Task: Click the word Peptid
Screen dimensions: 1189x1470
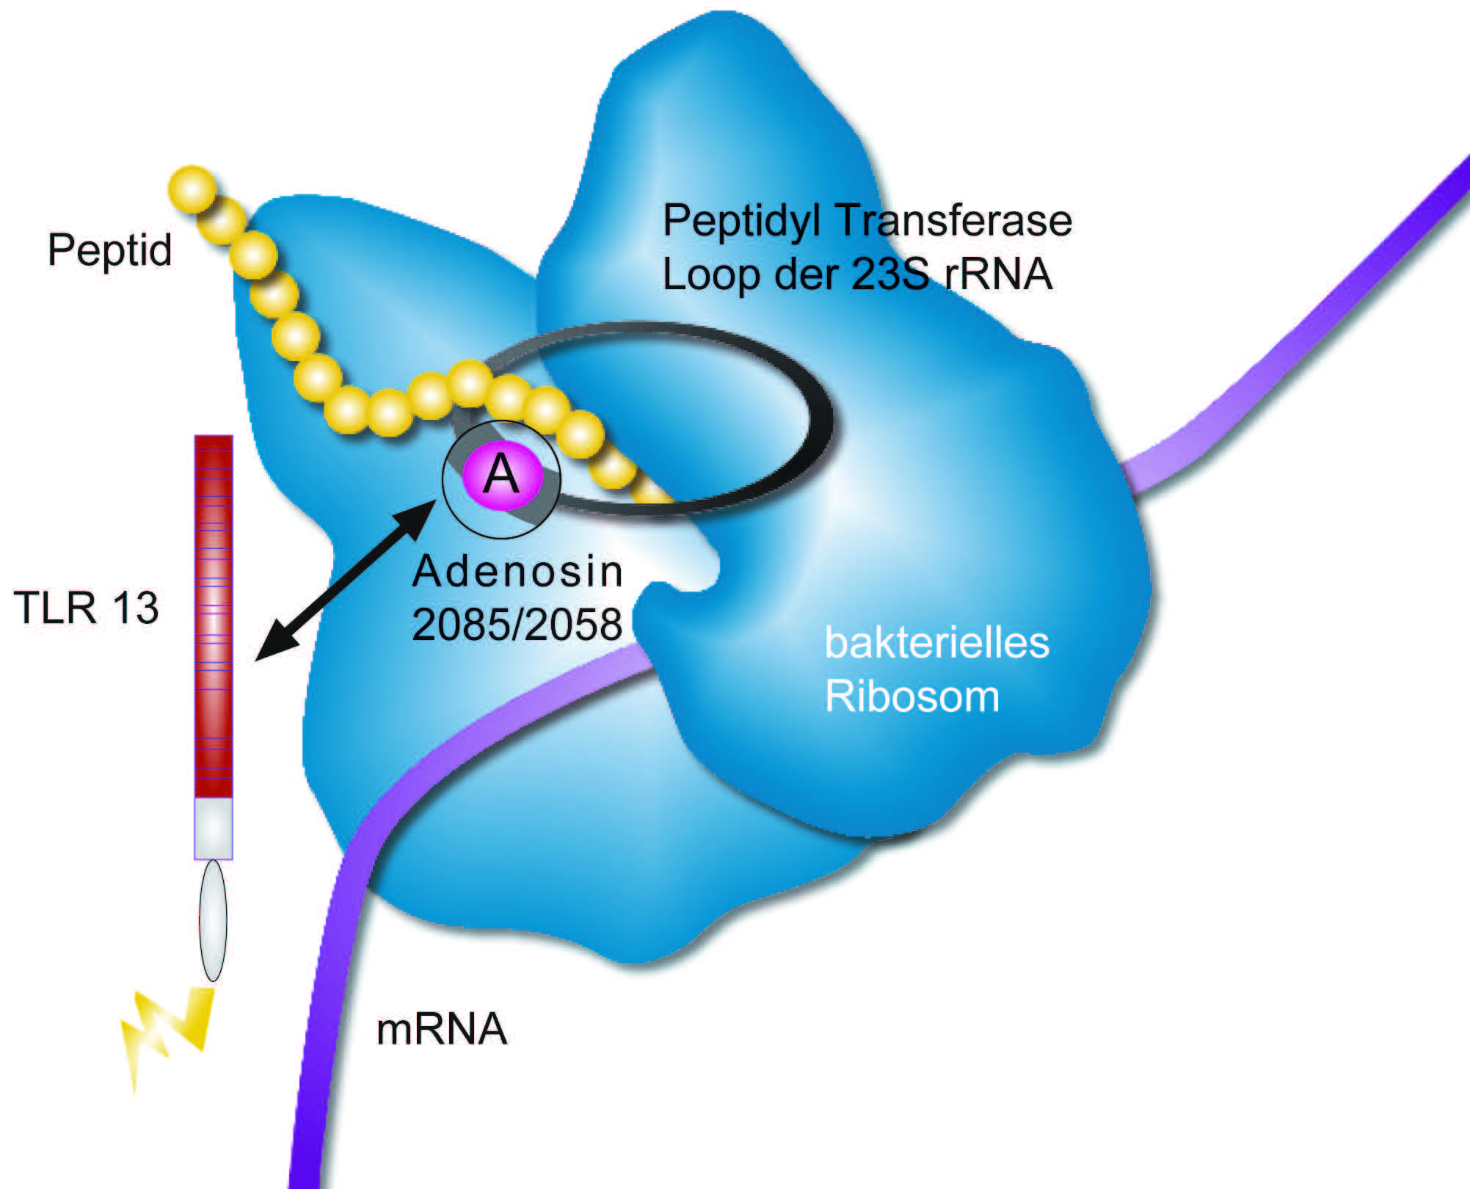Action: [x=109, y=250]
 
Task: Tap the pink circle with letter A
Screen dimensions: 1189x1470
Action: [x=502, y=475]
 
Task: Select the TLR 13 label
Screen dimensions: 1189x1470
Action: [x=86, y=608]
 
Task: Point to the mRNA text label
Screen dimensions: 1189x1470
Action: [x=441, y=1029]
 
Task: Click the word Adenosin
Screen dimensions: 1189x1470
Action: [x=517, y=571]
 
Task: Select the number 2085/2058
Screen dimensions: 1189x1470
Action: [x=517, y=625]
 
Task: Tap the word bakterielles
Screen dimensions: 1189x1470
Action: [x=936, y=642]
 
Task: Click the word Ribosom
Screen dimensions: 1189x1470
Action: [x=912, y=696]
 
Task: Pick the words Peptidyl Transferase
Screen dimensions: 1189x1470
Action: [x=867, y=220]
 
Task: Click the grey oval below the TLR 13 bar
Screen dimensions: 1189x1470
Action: [x=213, y=920]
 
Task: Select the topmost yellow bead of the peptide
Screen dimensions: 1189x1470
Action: [x=192, y=189]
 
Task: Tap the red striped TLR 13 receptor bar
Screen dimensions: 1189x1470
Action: [x=214, y=617]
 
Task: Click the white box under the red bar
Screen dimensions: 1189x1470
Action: [x=214, y=828]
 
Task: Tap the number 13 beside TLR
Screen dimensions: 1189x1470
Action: [x=135, y=608]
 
